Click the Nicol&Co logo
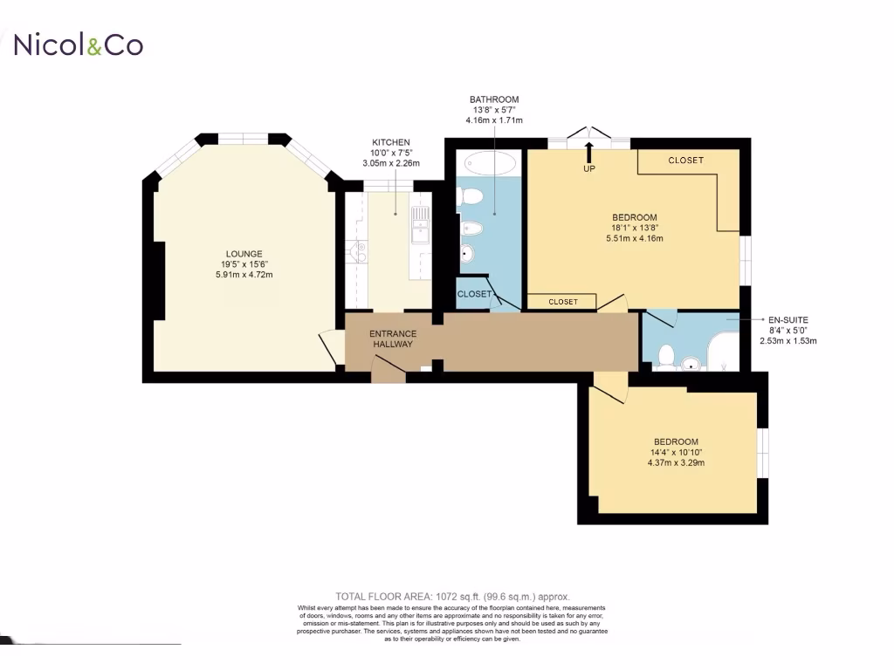(78, 44)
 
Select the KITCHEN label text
(390, 142)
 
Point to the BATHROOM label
(494, 99)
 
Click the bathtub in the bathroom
(492, 163)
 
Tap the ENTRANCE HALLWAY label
(393, 338)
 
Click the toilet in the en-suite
(668, 356)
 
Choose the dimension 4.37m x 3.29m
(675, 462)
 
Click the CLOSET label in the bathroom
(474, 294)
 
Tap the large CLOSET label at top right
(685, 161)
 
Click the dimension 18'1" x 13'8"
(634, 228)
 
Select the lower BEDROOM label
(676, 441)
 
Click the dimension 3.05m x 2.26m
(390, 163)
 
